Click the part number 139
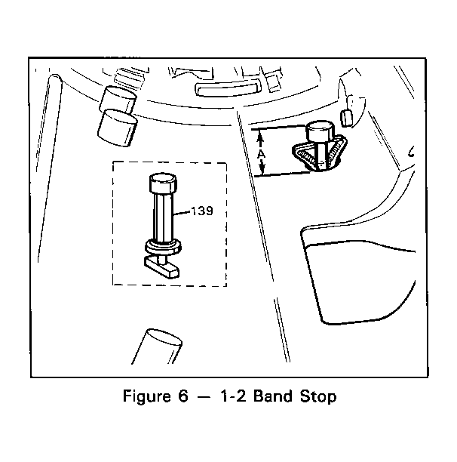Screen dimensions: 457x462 point(202,211)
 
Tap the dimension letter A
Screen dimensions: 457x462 point(261,155)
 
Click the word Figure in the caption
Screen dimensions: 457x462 point(147,396)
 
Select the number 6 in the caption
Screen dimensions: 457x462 point(182,396)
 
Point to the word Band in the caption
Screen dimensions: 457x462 point(273,396)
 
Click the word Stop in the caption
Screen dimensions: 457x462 point(318,396)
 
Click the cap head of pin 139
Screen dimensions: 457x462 point(163,183)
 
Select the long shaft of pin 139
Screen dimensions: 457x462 point(164,217)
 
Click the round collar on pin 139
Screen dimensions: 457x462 point(163,246)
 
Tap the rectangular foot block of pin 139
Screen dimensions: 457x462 point(161,267)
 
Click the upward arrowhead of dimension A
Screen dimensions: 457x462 point(260,137)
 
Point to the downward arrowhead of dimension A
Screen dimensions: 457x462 point(262,170)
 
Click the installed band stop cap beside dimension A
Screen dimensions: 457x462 point(321,131)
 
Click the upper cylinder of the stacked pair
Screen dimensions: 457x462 point(118,99)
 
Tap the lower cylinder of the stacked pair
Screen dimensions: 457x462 point(117,128)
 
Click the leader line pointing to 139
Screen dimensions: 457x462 point(182,213)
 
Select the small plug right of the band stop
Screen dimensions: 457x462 point(346,119)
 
